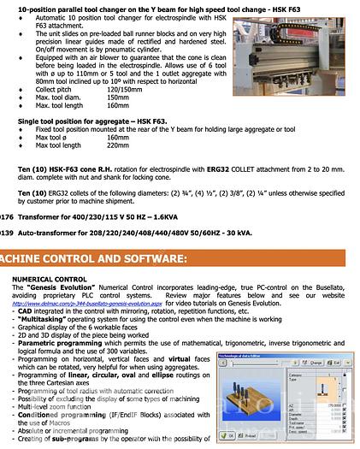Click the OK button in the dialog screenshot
[x=207, y=435]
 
